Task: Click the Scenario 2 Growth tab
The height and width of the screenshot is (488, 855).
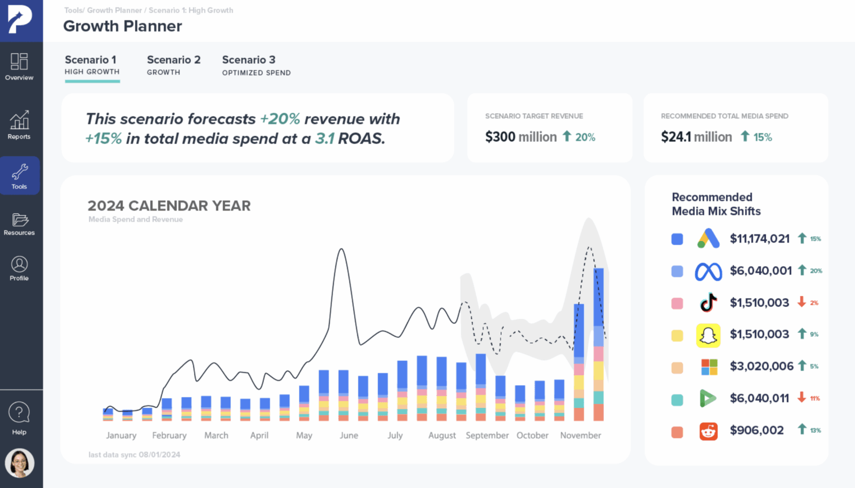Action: pos(173,65)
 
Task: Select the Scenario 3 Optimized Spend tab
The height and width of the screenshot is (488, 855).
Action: pos(256,65)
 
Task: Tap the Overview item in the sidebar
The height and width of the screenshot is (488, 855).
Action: pos(19,67)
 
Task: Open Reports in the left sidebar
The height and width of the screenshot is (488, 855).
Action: pos(19,125)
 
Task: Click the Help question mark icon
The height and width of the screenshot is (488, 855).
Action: pos(19,413)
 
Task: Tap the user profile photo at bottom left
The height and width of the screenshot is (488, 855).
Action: pos(20,463)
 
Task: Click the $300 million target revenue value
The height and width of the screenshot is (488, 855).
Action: pos(520,137)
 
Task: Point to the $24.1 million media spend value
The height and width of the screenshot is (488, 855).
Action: pos(696,137)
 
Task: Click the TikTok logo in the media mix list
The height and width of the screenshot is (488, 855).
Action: pos(709,303)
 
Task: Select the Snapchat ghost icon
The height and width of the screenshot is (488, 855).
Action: pos(708,335)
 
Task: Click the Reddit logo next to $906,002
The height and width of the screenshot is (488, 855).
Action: pos(708,431)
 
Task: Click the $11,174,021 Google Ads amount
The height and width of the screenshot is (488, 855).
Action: pos(759,239)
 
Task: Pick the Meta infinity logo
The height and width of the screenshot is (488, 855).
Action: pos(708,272)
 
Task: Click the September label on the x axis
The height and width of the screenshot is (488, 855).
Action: pos(487,435)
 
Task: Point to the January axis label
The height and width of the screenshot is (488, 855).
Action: pos(121,435)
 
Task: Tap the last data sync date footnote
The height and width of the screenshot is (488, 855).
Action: pos(134,454)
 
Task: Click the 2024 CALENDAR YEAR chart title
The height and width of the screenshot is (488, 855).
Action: pos(169,206)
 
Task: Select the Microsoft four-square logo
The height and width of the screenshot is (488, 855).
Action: pos(709,367)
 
